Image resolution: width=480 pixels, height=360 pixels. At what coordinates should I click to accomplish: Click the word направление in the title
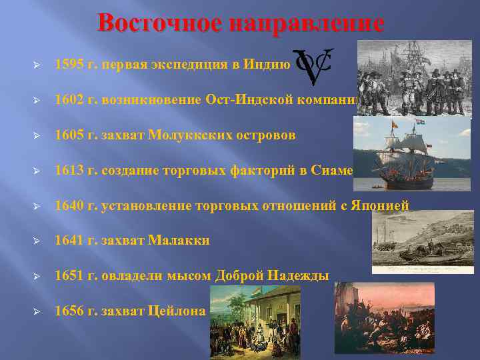coord(306,23)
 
